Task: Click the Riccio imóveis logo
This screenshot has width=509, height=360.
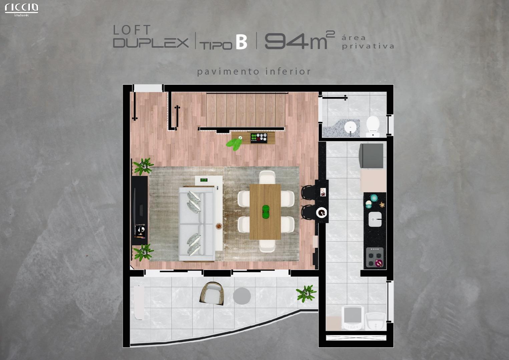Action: pyautogui.click(x=22, y=10)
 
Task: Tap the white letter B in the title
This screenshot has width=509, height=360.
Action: pyautogui.click(x=241, y=42)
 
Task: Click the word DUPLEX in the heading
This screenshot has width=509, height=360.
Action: pyautogui.click(x=151, y=43)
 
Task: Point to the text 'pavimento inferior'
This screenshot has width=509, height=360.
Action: pyautogui.click(x=254, y=72)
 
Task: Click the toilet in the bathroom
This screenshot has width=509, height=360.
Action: pyautogui.click(x=373, y=126)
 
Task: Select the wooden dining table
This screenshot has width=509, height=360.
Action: pyautogui.click(x=265, y=212)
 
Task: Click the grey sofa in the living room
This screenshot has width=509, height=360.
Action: pyautogui.click(x=197, y=224)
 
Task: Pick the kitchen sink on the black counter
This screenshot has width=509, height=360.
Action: pyautogui.click(x=375, y=219)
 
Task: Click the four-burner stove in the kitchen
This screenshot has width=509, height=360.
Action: pyautogui.click(x=375, y=257)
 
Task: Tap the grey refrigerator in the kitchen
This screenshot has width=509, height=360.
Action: pyautogui.click(x=371, y=156)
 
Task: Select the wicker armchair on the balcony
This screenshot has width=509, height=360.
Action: pyautogui.click(x=212, y=293)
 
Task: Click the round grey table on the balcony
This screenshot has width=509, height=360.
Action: pyautogui.click(x=242, y=296)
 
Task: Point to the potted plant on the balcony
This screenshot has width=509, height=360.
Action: pyautogui.click(x=306, y=293)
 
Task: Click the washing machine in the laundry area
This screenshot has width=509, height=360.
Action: pyautogui.click(x=353, y=318)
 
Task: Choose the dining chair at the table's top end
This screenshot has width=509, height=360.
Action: pyautogui.click(x=267, y=177)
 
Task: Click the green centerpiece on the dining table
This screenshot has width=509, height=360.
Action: pyautogui.click(x=266, y=212)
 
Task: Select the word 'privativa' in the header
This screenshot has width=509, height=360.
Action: pyautogui.click(x=368, y=46)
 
